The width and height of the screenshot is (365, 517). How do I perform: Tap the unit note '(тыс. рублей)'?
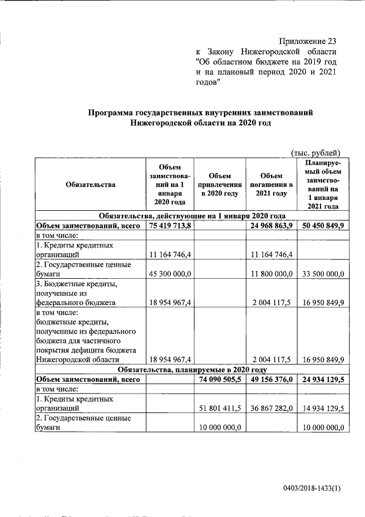coord(315,152)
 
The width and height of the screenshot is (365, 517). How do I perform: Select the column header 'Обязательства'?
coord(91,185)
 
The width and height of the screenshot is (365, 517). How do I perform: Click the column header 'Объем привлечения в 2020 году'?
coord(220,185)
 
